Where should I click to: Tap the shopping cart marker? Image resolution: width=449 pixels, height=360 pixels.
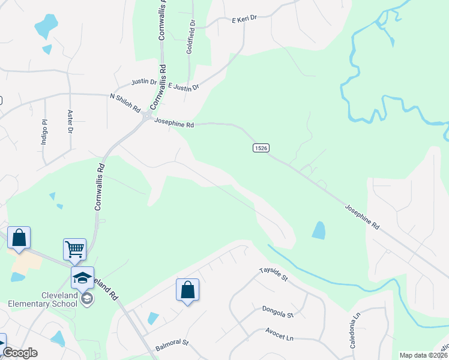[74, 248]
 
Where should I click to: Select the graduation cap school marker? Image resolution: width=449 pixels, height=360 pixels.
[82, 277]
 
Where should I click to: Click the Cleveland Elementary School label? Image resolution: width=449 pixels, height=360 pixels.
[43, 299]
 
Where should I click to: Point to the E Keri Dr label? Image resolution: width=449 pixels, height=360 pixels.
[244, 20]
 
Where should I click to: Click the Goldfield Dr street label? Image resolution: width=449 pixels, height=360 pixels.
[191, 37]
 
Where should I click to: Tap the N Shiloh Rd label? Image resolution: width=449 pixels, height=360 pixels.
[125, 103]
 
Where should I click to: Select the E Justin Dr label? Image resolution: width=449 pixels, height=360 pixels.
[183, 86]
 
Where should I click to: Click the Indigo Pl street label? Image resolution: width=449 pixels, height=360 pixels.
[44, 128]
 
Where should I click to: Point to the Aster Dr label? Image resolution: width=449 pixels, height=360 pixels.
[70, 121]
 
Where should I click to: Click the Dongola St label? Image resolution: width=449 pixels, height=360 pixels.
[277, 311]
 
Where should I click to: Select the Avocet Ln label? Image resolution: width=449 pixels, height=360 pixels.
[280, 334]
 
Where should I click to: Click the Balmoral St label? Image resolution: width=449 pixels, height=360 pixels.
[172, 345]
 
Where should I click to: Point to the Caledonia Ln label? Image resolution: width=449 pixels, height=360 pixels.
[356, 323]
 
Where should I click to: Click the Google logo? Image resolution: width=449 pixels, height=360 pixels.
[20, 353]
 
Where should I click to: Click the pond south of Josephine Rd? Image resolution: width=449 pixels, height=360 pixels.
[319, 230]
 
